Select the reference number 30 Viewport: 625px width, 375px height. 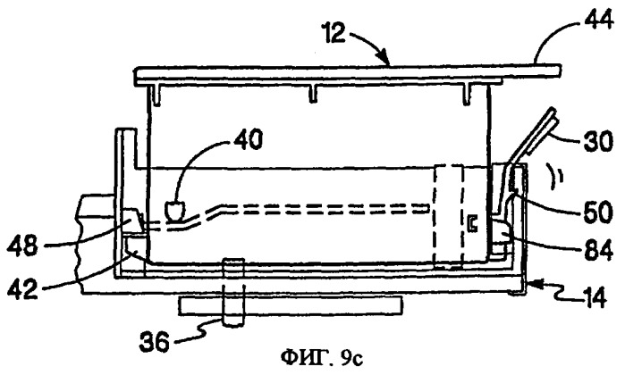597,141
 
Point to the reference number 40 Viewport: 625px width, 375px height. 249,140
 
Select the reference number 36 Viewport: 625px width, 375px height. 155,341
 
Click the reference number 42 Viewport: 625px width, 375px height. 22,287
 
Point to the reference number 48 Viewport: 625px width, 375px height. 22,246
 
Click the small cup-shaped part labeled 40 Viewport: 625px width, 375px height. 175,211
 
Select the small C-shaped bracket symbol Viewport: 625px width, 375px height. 473,224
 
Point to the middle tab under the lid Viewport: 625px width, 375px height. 313,94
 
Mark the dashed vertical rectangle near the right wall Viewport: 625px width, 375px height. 449,216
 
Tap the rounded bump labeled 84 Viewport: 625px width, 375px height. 503,232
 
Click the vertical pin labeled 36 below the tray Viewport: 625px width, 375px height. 232,293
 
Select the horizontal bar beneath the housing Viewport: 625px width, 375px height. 291,306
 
